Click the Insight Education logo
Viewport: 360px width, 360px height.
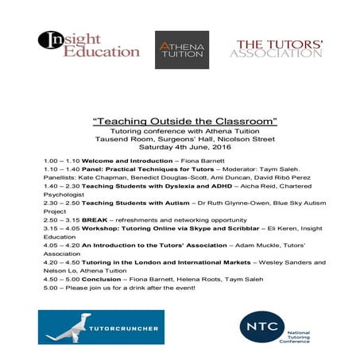point(90,45)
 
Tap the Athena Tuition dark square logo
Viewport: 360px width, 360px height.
point(182,50)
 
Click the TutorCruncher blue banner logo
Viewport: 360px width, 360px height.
point(100,326)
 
